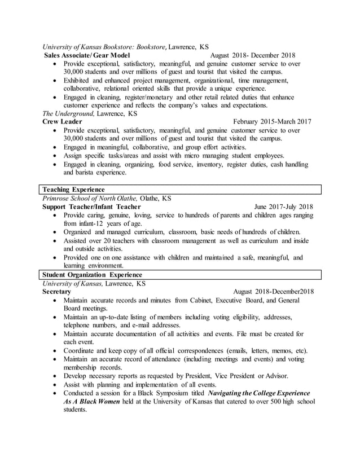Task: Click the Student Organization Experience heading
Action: (x=91, y=274)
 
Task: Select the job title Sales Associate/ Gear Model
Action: (x=87, y=56)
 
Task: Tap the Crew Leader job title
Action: (x=63, y=121)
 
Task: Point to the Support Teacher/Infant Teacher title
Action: (x=91, y=206)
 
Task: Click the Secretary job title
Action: (x=57, y=292)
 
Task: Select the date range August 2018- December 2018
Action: (x=252, y=56)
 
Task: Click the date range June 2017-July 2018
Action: (x=283, y=206)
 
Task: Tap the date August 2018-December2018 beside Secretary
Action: (x=273, y=292)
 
